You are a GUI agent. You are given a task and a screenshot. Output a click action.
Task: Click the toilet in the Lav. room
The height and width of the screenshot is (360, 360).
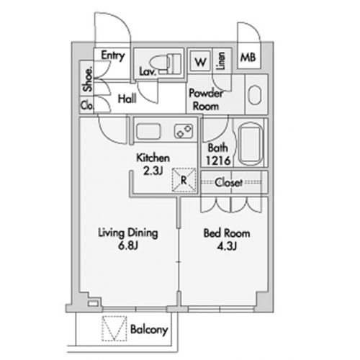click(166, 63)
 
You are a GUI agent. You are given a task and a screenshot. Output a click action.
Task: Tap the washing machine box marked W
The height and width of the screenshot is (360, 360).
click(200, 61)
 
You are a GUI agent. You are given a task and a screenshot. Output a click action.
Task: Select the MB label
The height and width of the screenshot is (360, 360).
click(248, 58)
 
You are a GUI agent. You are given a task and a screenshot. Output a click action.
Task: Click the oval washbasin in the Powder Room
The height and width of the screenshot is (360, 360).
click(254, 94)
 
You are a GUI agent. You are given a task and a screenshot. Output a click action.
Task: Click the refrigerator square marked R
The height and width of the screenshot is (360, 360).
click(184, 180)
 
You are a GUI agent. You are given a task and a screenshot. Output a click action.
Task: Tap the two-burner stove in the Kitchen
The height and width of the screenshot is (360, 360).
click(184, 131)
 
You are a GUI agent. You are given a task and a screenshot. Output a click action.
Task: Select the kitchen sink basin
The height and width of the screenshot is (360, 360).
click(148, 131)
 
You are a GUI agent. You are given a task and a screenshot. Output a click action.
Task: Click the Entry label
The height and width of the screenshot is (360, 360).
click(113, 56)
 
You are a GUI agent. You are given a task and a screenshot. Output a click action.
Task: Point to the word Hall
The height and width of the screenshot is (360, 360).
click(127, 99)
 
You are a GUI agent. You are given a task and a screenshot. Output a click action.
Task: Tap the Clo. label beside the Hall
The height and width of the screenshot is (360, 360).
click(87, 105)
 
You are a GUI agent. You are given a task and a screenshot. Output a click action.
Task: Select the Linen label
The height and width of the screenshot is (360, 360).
click(221, 61)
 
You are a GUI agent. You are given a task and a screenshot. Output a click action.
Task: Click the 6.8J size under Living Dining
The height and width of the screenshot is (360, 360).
click(128, 246)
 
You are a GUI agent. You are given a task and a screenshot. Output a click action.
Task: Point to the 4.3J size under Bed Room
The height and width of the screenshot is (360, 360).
click(227, 246)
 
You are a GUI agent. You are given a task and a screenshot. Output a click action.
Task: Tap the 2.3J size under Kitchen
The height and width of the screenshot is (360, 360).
click(153, 171)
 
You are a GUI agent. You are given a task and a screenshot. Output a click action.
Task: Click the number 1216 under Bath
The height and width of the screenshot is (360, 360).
click(218, 161)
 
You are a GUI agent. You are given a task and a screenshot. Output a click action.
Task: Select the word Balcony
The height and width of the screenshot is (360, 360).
click(149, 330)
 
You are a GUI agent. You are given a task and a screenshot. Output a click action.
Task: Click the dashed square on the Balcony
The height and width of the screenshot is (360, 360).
click(114, 328)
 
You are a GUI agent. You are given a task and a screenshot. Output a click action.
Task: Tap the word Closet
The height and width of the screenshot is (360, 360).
click(229, 183)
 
